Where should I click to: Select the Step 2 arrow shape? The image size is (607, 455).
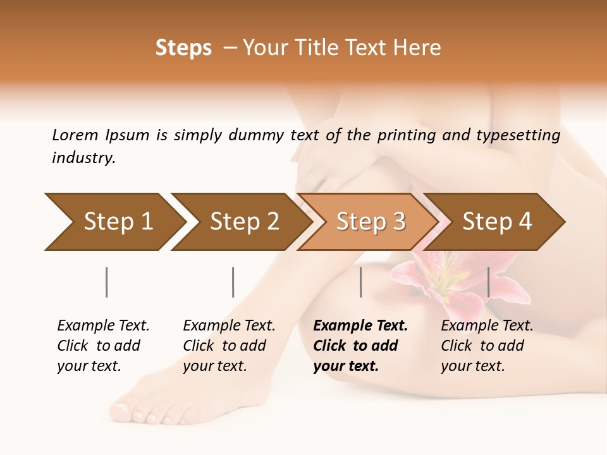[x=240, y=222]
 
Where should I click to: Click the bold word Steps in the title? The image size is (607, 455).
[x=183, y=48]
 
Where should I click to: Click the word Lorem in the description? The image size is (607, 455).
[x=75, y=135]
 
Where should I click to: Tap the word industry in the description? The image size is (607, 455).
[x=83, y=158]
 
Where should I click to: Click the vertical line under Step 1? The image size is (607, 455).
[x=106, y=282]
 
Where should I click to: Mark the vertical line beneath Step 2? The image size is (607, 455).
[x=233, y=282]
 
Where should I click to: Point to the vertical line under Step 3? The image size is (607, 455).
[x=360, y=282]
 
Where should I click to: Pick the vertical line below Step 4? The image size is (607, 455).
[x=488, y=282]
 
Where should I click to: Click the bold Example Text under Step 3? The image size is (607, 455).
[x=360, y=326]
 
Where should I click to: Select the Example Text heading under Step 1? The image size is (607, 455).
[x=103, y=326]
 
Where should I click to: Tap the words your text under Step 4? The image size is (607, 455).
[x=472, y=366]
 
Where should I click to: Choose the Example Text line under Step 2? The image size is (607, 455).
[x=229, y=326]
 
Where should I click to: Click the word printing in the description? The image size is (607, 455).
[x=407, y=135]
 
